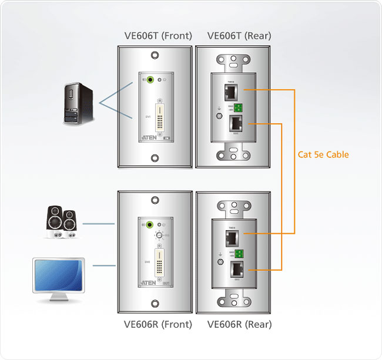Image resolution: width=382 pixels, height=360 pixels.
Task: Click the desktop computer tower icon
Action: (78, 103)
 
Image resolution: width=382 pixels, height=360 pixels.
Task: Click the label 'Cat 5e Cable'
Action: (323, 155)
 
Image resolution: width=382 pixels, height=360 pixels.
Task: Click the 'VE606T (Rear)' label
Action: (239, 36)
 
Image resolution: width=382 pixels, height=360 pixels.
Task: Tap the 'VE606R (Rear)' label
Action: (239, 324)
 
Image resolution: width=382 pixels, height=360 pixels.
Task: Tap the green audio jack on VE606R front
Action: (153, 224)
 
